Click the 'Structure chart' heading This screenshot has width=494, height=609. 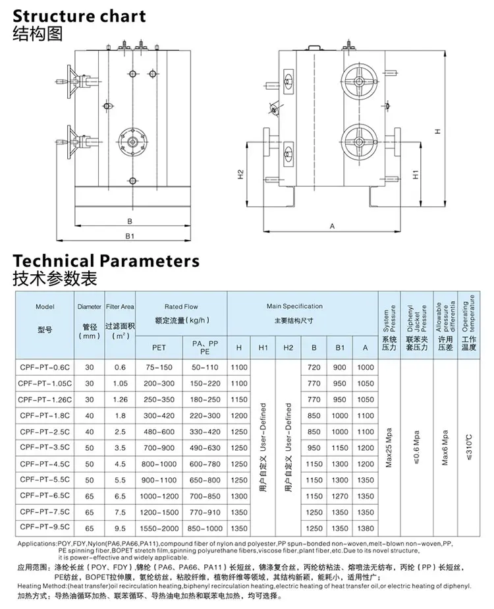pyautogui.click(x=79, y=14)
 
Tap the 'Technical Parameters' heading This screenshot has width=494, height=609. pyautogui.click(x=106, y=260)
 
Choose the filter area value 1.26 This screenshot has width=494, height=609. pyautogui.click(x=120, y=399)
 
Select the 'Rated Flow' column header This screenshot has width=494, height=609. pyautogui.click(x=180, y=306)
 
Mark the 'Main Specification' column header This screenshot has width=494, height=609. pyautogui.click(x=294, y=306)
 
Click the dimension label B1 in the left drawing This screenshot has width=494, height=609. pyautogui.click(x=130, y=235)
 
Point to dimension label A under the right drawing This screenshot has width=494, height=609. pyautogui.click(x=332, y=226)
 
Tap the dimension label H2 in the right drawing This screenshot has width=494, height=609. pyautogui.click(x=240, y=175)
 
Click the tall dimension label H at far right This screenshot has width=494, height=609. pyautogui.click(x=437, y=131)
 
